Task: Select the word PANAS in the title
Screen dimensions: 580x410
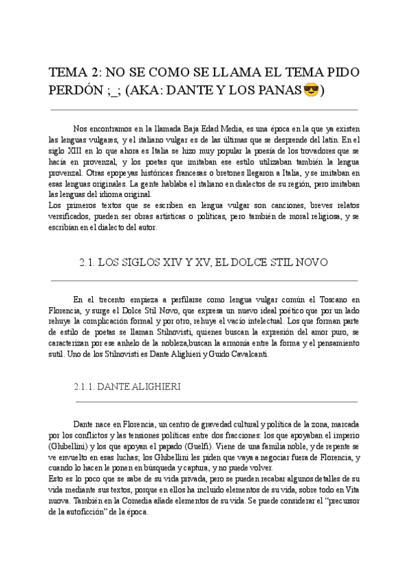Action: pyautogui.click(x=279, y=90)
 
